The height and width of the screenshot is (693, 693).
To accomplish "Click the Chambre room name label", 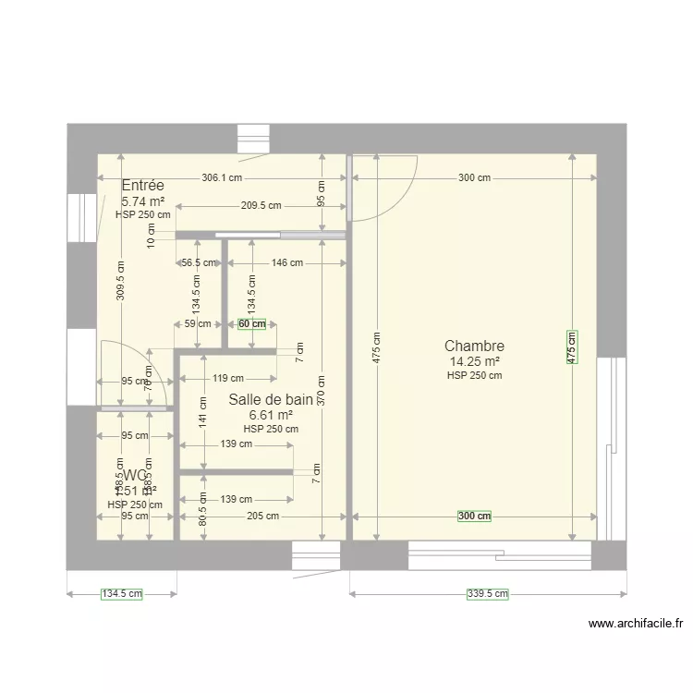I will pyautogui.click(x=474, y=346).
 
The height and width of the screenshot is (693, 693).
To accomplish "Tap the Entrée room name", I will pyautogui.click(x=143, y=186).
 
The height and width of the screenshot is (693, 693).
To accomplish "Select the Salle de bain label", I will pyautogui.click(x=271, y=399).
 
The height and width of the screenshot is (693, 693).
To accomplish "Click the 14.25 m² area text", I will pyautogui.click(x=474, y=362).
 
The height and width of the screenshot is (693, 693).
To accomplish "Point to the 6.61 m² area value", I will pyautogui.click(x=271, y=416).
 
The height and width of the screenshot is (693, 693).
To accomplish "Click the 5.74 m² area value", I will pyautogui.click(x=143, y=201).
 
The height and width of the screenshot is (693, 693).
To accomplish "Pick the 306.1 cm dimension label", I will pyautogui.click(x=222, y=178).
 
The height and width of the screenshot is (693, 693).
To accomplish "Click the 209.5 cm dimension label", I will pyautogui.click(x=261, y=206).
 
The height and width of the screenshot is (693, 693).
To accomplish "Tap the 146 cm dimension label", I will pyautogui.click(x=287, y=262).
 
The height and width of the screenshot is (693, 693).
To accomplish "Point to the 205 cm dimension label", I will pyautogui.click(x=262, y=517).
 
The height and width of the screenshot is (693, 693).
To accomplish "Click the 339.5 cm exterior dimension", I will pyautogui.click(x=487, y=594).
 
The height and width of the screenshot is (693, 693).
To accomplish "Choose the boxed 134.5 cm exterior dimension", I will pyautogui.click(x=121, y=594).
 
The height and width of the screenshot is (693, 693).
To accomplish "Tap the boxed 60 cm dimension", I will pyautogui.click(x=251, y=324).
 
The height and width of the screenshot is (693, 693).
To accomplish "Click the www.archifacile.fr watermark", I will pyautogui.click(x=635, y=624).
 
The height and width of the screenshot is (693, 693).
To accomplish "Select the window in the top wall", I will pyautogui.click(x=250, y=139).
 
